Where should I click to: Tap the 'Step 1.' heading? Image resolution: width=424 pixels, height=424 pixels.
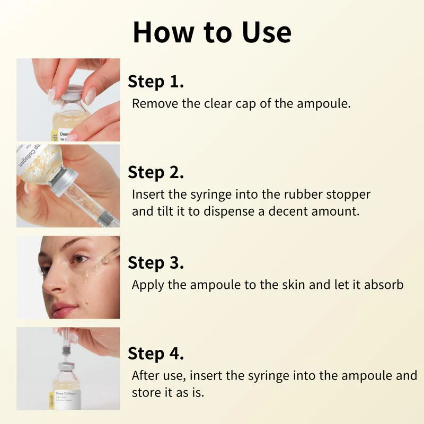pyautogui.click(x=156, y=82)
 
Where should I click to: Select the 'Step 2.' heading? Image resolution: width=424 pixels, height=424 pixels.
pyautogui.click(x=156, y=173)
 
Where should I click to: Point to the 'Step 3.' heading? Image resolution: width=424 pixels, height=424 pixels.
pyautogui.click(x=156, y=263)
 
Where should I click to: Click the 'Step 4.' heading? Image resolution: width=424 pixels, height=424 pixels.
pyautogui.click(x=156, y=354)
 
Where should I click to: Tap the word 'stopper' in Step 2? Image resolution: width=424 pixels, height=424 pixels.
pyautogui.click(x=350, y=194)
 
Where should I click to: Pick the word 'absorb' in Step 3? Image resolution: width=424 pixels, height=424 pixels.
pyautogui.click(x=385, y=285)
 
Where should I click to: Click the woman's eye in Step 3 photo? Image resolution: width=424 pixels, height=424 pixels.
pyautogui.click(x=80, y=259)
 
